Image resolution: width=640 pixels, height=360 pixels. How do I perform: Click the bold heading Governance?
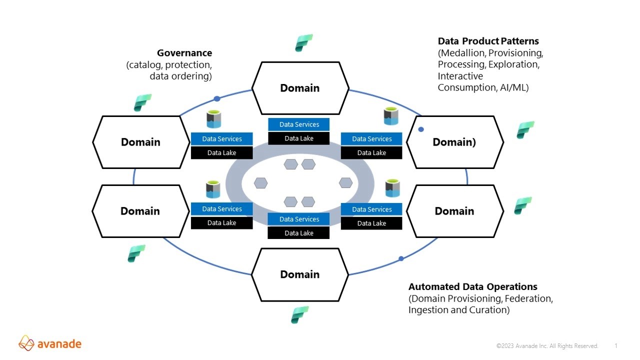(x=184, y=53)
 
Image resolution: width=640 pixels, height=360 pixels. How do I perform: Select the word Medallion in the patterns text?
(x=461, y=53)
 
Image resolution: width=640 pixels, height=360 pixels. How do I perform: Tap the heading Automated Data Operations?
(x=472, y=287)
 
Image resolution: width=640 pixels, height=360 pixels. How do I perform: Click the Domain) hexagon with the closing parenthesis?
(x=454, y=142)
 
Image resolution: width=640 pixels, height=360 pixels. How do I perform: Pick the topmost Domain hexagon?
(x=299, y=88)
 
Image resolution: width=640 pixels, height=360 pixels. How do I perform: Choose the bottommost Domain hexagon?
(x=299, y=274)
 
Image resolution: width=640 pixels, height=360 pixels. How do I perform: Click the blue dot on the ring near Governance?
(x=217, y=99)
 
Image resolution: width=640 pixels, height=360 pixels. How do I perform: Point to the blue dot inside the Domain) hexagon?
(x=421, y=129)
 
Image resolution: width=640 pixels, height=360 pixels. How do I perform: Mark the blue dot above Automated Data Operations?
(x=401, y=258)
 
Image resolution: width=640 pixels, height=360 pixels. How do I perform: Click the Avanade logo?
(x=50, y=343)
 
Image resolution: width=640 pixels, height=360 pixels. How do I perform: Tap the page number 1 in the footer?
(x=616, y=346)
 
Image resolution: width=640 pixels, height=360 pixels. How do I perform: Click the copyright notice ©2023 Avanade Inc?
(x=547, y=346)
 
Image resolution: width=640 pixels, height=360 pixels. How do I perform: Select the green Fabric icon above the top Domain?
(x=303, y=43)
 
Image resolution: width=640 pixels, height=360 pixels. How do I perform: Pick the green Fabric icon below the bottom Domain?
(x=300, y=315)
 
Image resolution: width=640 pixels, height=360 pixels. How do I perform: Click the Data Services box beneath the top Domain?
(x=299, y=124)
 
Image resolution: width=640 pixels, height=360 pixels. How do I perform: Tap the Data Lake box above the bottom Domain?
(x=299, y=233)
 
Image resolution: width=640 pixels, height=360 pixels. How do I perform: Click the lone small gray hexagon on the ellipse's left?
(x=260, y=183)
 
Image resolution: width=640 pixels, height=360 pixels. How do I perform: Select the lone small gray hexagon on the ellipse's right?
(x=345, y=183)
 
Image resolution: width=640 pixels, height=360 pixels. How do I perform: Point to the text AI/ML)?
(x=514, y=87)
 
